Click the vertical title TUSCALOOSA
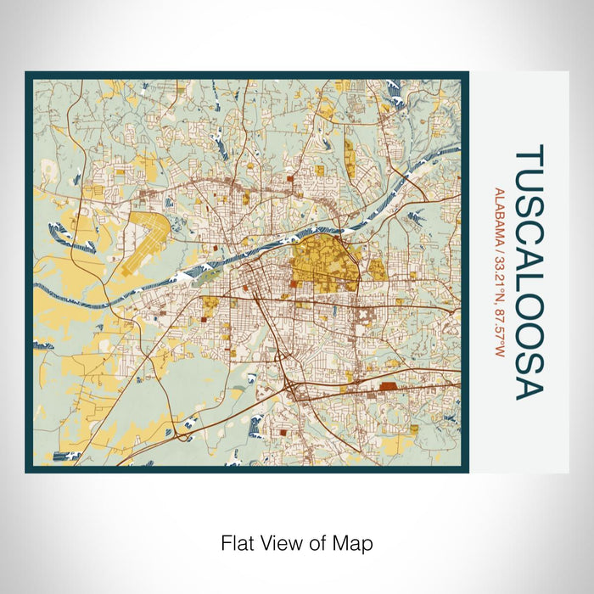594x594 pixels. click(528, 272)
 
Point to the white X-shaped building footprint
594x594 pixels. click(361, 314)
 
